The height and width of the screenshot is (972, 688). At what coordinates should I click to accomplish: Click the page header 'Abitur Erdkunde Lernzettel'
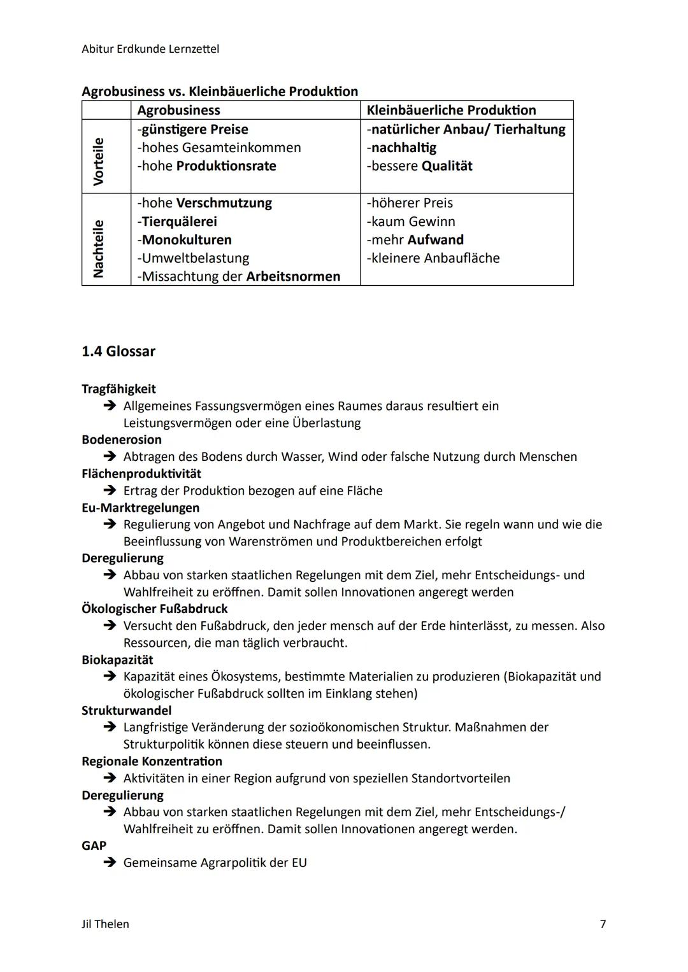pyautogui.click(x=150, y=49)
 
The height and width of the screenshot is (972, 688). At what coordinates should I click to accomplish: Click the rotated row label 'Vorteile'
pyautogui.click(x=98, y=161)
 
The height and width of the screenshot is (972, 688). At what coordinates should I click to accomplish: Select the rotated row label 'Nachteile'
pyautogui.click(x=98, y=248)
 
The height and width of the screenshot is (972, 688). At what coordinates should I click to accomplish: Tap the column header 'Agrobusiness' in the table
pyautogui.click(x=178, y=110)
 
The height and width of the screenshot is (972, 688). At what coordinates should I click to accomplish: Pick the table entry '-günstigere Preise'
pyautogui.click(x=192, y=129)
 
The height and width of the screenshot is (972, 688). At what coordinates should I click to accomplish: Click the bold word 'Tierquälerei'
pyautogui.click(x=179, y=222)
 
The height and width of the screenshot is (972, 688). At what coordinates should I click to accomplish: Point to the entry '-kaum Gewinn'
pyautogui.click(x=411, y=222)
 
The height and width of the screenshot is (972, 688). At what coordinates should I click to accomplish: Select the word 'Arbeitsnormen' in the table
pyautogui.click(x=293, y=276)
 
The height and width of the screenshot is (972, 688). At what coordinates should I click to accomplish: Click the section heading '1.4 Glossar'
pyautogui.click(x=118, y=351)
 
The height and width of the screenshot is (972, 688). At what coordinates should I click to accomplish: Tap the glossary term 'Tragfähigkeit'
pyautogui.click(x=118, y=389)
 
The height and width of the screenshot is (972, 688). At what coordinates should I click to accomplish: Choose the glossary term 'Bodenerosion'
pyautogui.click(x=122, y=440)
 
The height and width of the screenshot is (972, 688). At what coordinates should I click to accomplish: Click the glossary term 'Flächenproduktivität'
pyautogui.click(x=141, y=474)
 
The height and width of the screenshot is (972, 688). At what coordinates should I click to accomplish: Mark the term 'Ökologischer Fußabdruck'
pyautogui.click(x=155, y=609)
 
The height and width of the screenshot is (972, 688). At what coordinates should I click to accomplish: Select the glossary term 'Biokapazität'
pyautogui.click(x=117, y=660)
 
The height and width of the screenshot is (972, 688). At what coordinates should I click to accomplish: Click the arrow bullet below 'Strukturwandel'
pyautogui.click(x=110, y=727)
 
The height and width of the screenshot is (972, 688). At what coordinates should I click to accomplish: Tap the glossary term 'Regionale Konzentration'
pyautogui.click(x=152, y=761)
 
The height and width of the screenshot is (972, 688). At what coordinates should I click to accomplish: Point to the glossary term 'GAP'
pyautogui.click(x=94, y=846)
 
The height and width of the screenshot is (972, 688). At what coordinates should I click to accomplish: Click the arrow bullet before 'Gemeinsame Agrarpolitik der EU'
pyautogui.click(x=110, y=863)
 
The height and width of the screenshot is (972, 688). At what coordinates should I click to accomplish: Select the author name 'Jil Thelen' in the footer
pyautogui.click(x=105, y=924)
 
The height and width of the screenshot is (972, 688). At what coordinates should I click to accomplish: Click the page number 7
pyautogui.click(x=603, y=924)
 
